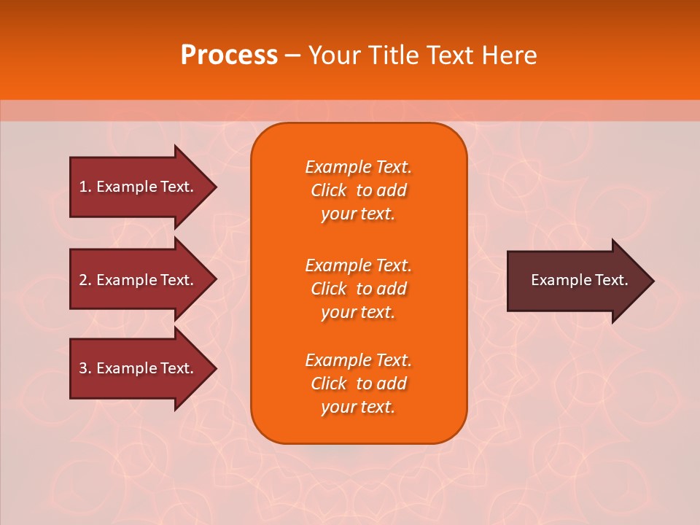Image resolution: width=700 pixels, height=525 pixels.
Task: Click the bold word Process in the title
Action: click(229, 55)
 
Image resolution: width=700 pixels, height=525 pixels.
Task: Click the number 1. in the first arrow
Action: click(85, 187)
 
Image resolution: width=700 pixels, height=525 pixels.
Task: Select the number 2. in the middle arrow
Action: click(85, 280)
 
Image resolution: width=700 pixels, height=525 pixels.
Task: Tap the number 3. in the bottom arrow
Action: click(85, 368)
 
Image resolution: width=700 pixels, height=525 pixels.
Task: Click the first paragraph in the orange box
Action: click(358, 190)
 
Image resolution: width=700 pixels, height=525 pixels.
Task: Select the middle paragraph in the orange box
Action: click(358, 289)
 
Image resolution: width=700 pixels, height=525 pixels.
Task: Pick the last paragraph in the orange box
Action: click(358, 384)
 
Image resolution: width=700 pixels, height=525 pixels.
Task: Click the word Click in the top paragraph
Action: click(329, 190)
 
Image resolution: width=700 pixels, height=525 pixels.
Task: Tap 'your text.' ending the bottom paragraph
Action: click(358, 407)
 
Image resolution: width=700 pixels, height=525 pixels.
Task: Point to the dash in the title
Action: click(292, 55)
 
